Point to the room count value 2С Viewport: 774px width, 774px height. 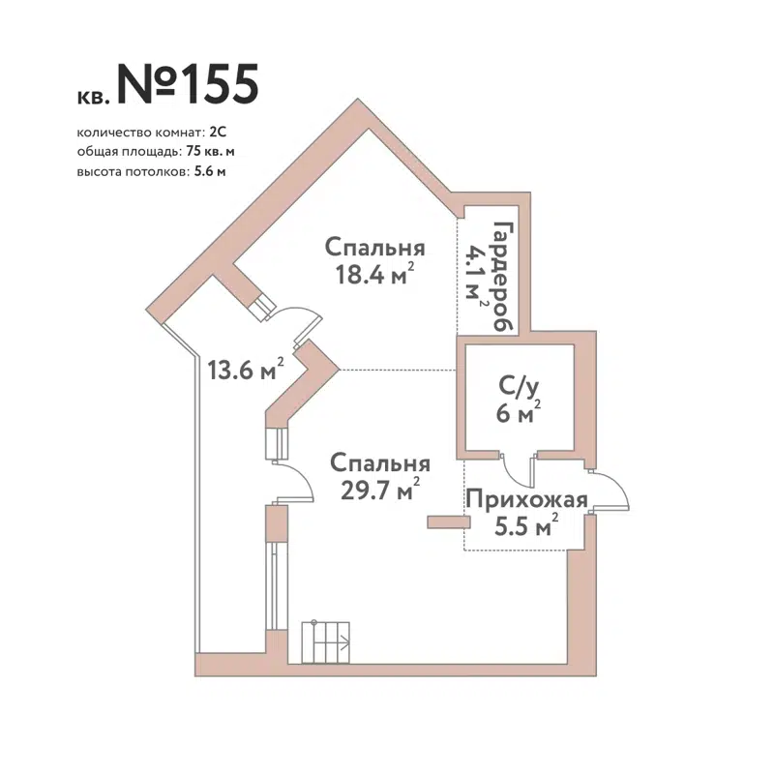pyautogui.click(x=218, y=132)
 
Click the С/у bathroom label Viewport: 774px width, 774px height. pyautogui.click(x=518, y=388)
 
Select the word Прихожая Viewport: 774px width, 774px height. pyautogui.click(x=527, y=500)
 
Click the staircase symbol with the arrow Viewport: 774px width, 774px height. pyautogui.click(x=325, y=640)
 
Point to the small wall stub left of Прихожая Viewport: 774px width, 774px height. pyautogui.click(x=446, y=522)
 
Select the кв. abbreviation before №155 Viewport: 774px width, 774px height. pyautogui.click(x=94, y=96)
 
